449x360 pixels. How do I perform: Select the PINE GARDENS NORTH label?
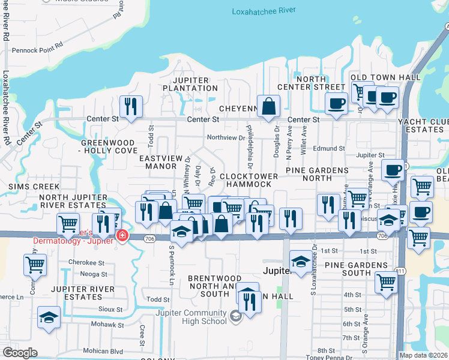pyautogui.click(x=317, y=175)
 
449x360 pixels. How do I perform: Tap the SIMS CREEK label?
pyautogui.click(x=27, y=187)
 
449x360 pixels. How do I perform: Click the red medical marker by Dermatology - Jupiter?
pyautogui.click(x=122, y=236)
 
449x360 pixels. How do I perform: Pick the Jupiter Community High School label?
pyautogui.click(x=191, y=317)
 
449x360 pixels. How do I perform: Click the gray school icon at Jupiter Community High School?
pyautogui.click(x=236, y=316)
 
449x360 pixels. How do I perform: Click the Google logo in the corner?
pyautogui.click(x=20, y=353)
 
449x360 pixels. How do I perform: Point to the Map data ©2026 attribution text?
pyautogui.click(x=424, y=355)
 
